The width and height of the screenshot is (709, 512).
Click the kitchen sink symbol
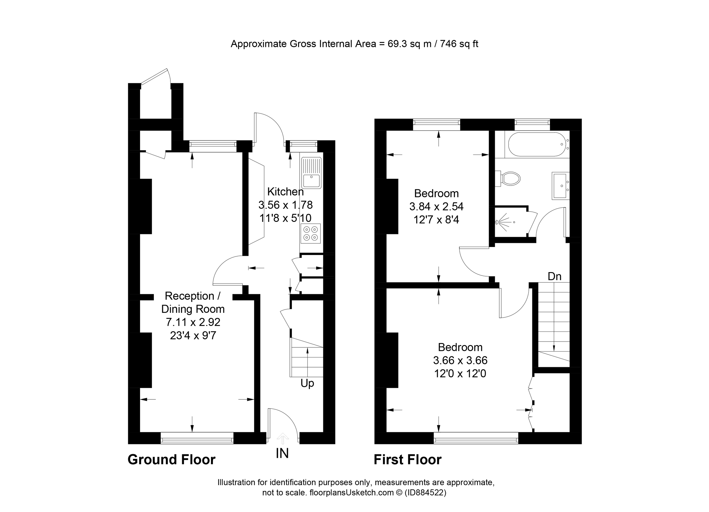point(311,173)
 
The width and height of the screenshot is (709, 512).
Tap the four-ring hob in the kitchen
point(311,233)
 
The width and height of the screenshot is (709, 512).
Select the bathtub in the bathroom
point(536,144)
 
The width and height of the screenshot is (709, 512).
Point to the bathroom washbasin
point(560,185)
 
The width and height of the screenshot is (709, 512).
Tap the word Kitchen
point(285,191)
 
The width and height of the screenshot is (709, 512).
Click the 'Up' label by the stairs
point(307,383)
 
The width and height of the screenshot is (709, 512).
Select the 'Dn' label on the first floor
point(554,276)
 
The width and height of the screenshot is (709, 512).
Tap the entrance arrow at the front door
point(283,438)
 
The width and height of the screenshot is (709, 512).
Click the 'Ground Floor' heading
point(171,460)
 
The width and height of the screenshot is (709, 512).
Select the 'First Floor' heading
point(407,460)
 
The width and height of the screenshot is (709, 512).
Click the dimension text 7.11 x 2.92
point(193,322)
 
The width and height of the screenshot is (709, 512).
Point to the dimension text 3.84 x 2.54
point(436,207)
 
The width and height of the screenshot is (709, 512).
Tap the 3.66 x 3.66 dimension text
point(460,360)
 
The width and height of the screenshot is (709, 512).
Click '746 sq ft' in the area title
point(459,44)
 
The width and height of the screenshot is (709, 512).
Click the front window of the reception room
point(197,438)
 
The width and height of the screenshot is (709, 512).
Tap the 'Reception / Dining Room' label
point(193,302)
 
